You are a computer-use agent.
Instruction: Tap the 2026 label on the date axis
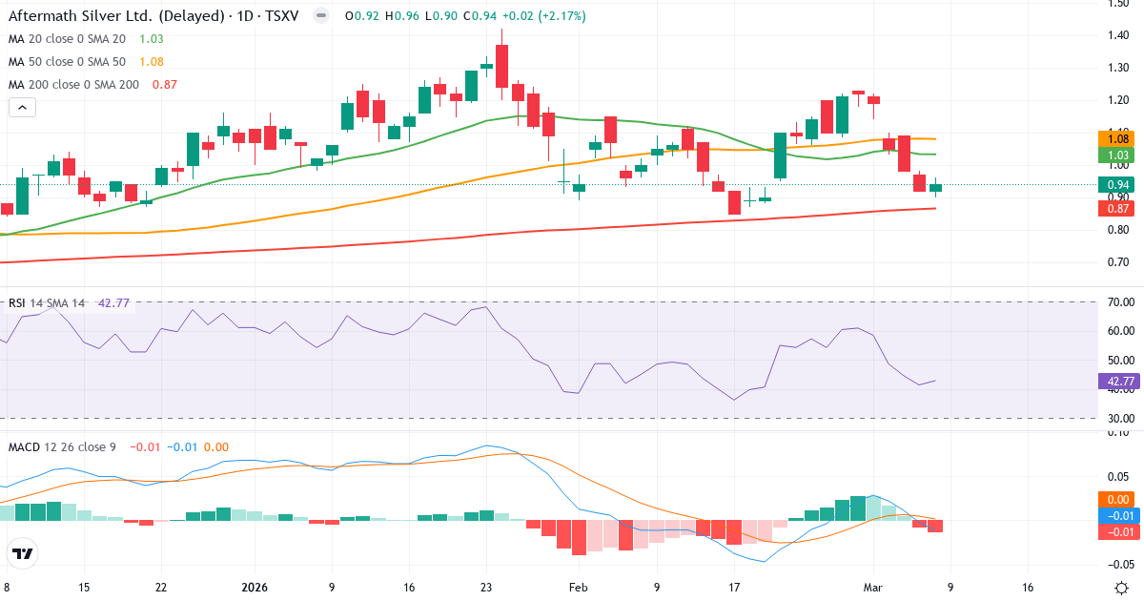[x=255, y=588]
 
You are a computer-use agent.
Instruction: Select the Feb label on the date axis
[x=577, y=588]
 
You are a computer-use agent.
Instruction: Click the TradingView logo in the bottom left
[x=23, y=553]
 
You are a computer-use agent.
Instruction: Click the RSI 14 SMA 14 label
[x=47, y=303]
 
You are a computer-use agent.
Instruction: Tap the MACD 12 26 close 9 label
[x=62, y=447]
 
